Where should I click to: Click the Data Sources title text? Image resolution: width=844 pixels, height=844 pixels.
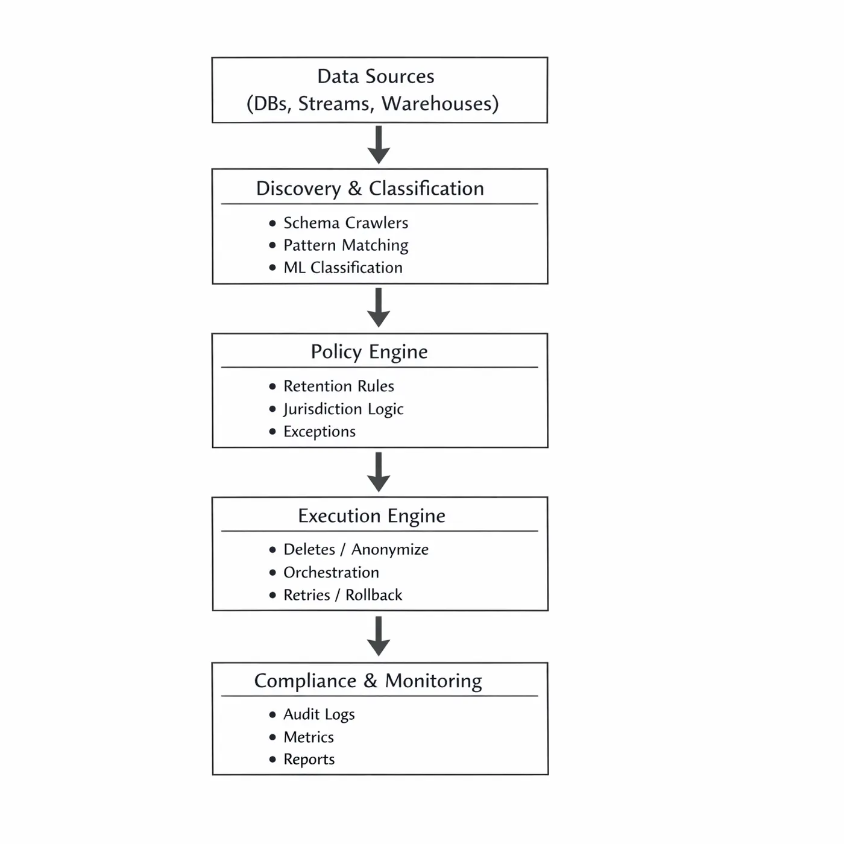point(376,77)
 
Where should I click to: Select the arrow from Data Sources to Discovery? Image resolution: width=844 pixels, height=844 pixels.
point(379,145)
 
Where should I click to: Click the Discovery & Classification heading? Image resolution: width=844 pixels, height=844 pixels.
point(370,189)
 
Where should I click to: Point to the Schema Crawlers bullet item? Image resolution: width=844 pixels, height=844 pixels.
point(345,223)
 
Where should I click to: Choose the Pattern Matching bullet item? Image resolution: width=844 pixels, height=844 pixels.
point(345,245)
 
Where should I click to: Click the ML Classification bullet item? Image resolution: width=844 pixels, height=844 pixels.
point(342,268)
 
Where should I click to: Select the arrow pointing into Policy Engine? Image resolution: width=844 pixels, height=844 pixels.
point(379,307)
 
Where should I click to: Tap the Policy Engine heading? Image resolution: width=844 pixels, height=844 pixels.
point(369,351)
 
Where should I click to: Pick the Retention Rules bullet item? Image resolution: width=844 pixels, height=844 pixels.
point(338,386)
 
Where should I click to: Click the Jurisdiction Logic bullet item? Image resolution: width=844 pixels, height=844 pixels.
point(343,409)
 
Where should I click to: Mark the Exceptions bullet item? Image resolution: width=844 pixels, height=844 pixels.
point(320,432)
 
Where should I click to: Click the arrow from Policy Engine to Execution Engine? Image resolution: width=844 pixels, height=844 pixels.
point(379,472)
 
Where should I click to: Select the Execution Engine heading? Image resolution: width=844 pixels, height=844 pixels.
point(371,516)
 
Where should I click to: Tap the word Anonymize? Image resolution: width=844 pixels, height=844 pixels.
point(390,550)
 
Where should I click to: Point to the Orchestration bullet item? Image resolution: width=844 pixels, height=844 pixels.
point(331,573)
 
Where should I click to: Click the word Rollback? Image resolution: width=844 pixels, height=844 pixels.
point(373,595)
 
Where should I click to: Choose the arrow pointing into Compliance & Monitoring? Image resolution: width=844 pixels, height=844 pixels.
point(379,636)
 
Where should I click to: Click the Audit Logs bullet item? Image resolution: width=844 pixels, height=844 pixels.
point(319,714)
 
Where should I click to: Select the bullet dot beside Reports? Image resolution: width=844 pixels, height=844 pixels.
point(272,760)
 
